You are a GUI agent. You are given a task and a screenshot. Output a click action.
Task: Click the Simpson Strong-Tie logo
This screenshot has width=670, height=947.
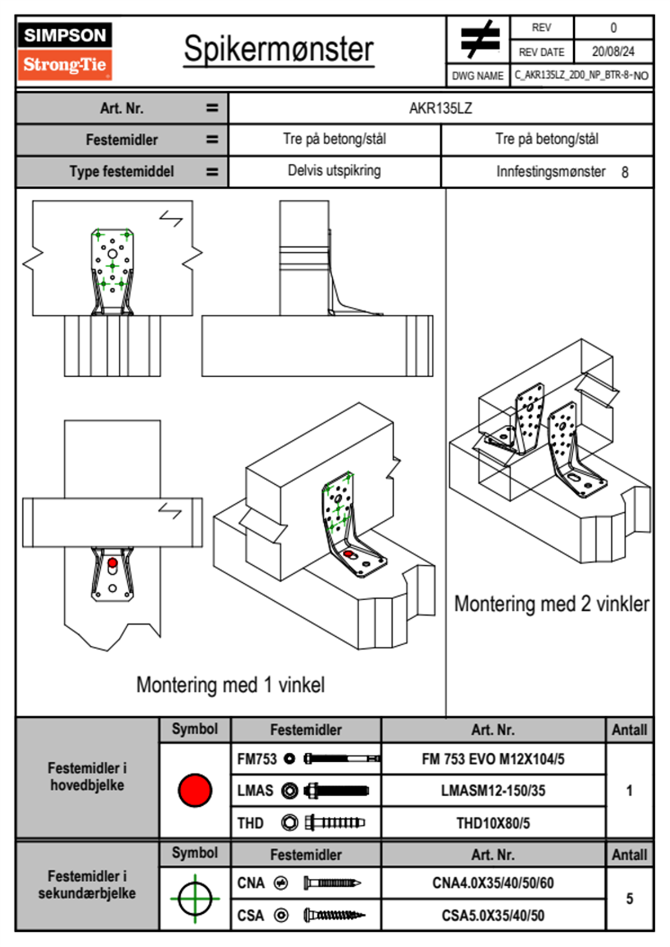(x=65, y=51)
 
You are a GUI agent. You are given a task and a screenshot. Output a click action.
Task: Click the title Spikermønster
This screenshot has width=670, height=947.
(x=278, y=49)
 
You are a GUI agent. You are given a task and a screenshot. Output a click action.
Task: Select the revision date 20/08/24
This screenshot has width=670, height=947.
(x=613, y=52)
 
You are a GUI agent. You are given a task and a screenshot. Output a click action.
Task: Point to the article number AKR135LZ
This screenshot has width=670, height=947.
(x=440, y=108)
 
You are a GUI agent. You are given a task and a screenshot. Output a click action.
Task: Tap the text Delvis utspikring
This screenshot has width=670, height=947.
(x=334, y=171)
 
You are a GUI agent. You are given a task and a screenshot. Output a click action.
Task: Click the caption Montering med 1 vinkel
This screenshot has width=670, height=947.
(x=230, y=685)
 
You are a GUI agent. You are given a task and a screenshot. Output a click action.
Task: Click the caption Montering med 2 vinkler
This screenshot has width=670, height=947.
(x=551, y=604)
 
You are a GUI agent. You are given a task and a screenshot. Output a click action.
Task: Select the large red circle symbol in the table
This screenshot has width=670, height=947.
(x=195, y=790)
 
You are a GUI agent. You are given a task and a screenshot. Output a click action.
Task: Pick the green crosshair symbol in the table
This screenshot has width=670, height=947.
(x=195, y=899)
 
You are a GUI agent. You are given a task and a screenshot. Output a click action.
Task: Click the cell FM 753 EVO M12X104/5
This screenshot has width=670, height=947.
(x=493, y=759)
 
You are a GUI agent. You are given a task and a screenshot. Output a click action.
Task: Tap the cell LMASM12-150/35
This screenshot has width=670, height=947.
(x=493, y=790)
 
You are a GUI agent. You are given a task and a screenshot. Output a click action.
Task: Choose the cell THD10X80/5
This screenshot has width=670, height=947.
(x=493, y=823)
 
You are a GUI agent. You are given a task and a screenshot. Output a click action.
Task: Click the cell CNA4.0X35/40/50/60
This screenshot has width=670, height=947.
(x=493, y=883)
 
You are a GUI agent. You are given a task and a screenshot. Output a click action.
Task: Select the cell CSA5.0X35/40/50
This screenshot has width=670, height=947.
(x=493, y=915)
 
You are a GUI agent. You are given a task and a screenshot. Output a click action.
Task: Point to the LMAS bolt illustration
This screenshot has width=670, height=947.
(x=336, y=790)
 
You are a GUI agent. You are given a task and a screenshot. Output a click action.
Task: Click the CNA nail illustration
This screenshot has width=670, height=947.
(x=332, y=883)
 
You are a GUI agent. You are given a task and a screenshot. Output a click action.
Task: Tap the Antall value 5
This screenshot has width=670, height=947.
(x=629, y=899)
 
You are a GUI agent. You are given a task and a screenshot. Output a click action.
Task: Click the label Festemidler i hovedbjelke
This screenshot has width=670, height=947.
(x=87, y=776)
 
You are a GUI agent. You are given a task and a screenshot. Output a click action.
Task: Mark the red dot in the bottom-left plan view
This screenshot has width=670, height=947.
(x=113, y=562)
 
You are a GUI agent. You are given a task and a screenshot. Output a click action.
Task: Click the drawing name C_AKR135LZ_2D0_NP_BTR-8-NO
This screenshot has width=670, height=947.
(x=581, y=75)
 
